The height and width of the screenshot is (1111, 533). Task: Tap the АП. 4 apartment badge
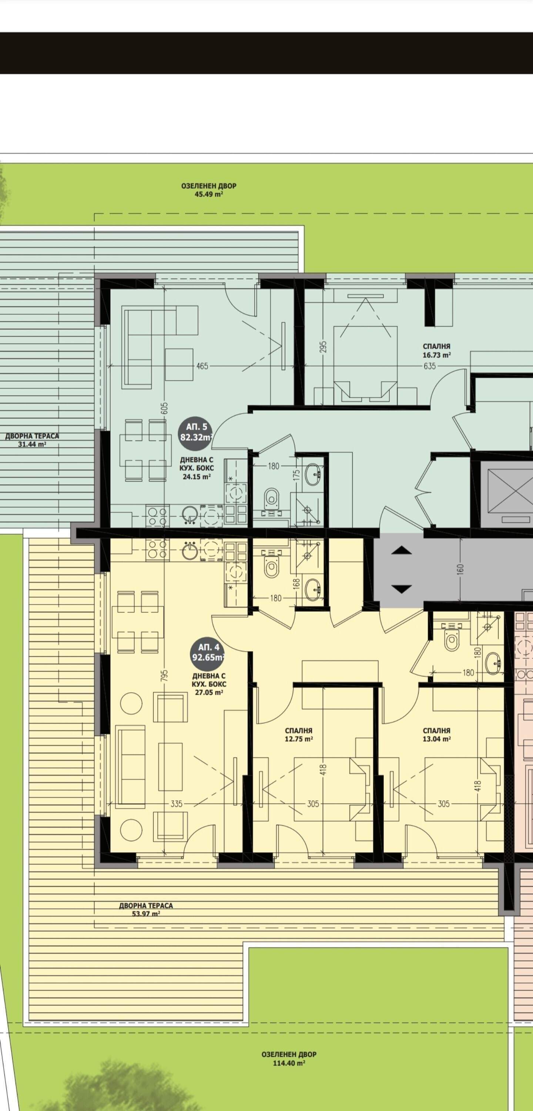coord(208,653)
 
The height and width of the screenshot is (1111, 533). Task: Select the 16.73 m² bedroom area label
coord(436,351)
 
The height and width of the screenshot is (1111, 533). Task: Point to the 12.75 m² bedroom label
coord(298,734)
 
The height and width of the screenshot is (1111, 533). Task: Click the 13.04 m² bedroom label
coord(436,734)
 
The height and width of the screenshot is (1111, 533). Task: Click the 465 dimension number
coord(202,366)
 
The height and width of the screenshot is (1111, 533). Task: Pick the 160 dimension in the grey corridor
coord(460,569)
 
